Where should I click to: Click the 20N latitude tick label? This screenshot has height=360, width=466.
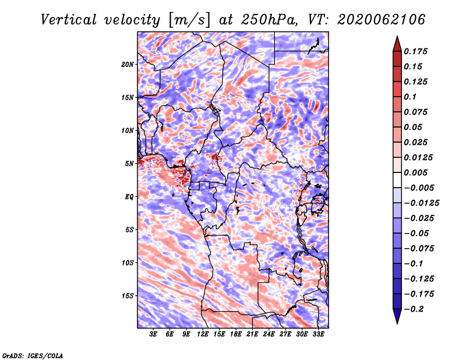127,64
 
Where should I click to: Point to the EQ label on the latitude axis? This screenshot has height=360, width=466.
129,197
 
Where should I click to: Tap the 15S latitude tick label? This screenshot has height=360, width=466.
127,296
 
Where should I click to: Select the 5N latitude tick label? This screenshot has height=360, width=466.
129,164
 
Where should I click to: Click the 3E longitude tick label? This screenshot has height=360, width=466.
153,334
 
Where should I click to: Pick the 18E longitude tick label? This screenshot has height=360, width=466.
236,334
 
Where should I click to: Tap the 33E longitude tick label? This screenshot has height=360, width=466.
318,334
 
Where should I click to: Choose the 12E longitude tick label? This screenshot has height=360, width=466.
203,334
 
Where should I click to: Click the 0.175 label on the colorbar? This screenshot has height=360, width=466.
415,51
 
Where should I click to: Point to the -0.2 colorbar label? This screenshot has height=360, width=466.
414,309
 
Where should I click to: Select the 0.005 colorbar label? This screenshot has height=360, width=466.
415,172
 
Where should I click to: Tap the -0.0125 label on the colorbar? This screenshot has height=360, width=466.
421,203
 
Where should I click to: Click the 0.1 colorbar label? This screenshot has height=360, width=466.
410,97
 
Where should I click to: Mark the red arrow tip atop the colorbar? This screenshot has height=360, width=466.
397,36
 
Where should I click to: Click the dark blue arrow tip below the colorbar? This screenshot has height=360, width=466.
397,323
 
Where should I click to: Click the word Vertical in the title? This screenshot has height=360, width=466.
69,20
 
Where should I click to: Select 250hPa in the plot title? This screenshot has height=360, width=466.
269,20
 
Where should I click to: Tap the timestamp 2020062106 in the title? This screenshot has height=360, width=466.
382,20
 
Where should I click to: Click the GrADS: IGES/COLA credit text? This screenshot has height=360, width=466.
33,355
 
